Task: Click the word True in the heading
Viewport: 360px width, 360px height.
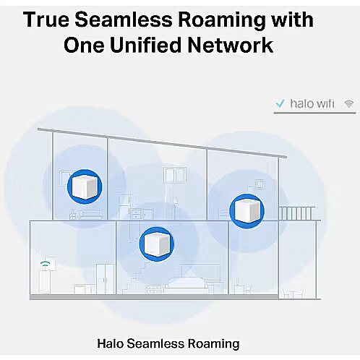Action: tap(46, 20)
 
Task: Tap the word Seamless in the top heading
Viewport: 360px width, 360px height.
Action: tap(124, 20)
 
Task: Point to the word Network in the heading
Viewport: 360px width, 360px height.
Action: tap(231, 45)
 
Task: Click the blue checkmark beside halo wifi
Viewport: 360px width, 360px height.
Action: tap(280, 103)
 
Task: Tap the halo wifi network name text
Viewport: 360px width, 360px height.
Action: tap(312, 103)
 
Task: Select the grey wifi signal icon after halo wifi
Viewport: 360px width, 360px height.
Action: tap(348, 103)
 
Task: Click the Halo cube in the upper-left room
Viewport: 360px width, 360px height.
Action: tap(85, 187)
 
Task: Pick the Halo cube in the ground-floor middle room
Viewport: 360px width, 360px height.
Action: tap(156, 244)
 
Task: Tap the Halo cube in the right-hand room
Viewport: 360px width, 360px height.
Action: tap(247, 211)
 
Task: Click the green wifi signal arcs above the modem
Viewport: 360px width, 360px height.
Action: tap(46, 263)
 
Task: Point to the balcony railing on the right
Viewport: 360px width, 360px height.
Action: tap(296, 213)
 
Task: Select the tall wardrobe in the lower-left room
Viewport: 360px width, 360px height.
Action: tap(106, 279)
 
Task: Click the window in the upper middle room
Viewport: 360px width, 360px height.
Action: tap(174, 176)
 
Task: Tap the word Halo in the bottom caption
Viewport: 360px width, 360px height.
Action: tap(111, 343)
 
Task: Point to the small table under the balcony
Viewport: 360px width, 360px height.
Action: tap(295, 293)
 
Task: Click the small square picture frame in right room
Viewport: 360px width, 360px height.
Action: tap(260, 184)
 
